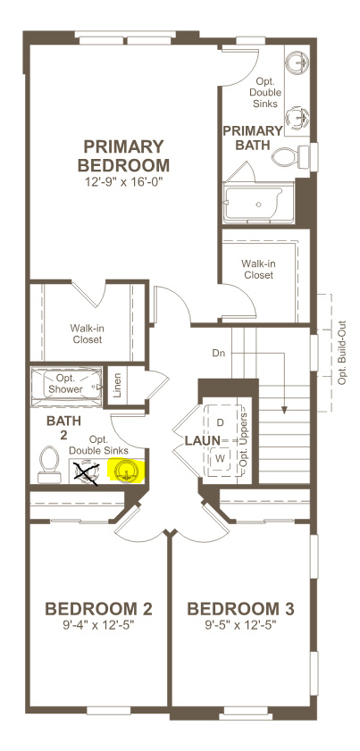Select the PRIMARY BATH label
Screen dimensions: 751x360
(x=251, y=137)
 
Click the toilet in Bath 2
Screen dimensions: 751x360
(x=49, y=463)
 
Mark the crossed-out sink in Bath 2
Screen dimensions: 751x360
(x=87, y=471)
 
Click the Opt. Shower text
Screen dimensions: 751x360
(x=66, y=383)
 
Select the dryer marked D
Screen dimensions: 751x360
(x=220, y=421)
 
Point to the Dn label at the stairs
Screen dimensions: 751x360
(x=218, y=353)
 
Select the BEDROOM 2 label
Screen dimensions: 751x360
(x=98, y=609)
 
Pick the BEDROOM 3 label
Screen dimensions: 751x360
(x=240, y=609)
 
